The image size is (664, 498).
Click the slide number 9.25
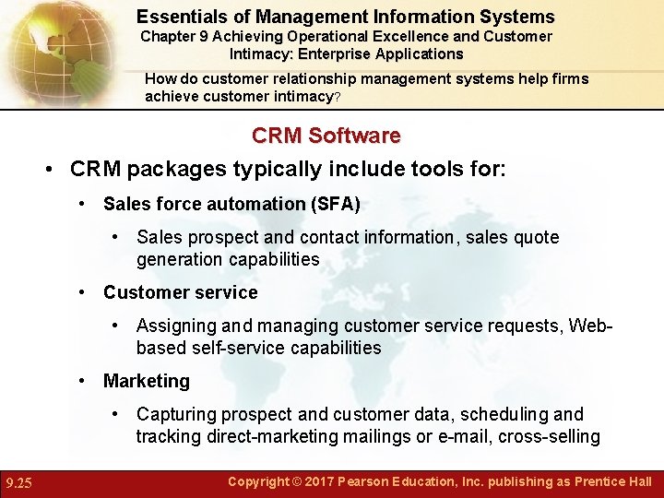point(19,482)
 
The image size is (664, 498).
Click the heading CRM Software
point(326,136)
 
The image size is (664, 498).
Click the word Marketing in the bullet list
point(146,381)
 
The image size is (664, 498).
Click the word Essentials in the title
point(182,17)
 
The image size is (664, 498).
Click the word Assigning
point(176,326)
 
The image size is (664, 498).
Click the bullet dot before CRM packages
point(51,170)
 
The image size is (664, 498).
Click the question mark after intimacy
point(337,98)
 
